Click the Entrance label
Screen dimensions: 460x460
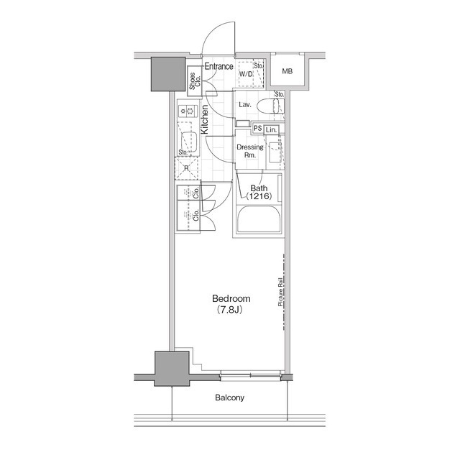click(218, 67)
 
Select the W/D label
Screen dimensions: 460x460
click(245, 73)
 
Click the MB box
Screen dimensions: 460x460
click(287, 71)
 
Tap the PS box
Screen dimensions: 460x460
click(256, 129)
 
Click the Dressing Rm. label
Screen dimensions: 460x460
click(250, 151)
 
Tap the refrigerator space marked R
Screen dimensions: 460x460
click(185, 169)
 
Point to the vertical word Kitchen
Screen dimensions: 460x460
click(205, 119)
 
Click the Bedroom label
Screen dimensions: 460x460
click(230, 299)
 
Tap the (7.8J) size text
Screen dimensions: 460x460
click(230, 310)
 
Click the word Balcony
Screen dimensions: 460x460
click(229, 397)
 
